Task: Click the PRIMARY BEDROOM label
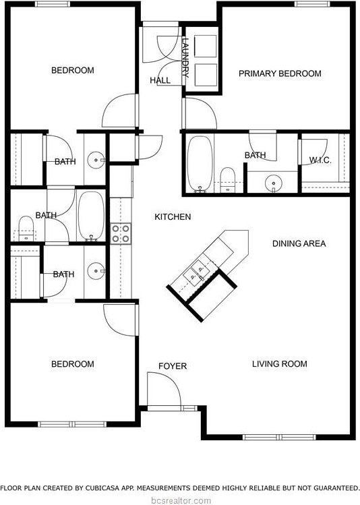click(x=280, y=73)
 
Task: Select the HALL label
click(x=160, y=80)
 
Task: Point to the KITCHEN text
click(x=173, y=217)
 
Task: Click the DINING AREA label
click(x=299, y=243)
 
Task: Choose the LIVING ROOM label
click(x=279, y=364)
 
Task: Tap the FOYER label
click(x=172, y=366)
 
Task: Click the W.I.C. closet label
click(x=320, y=160)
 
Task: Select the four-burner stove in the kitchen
click(x=121, y=233)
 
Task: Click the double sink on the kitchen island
click(x=197, y=272)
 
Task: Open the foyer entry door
click(x=164, y=391)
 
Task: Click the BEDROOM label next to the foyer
click(x=73, y=364)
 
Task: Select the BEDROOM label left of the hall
click(x=73, y=70)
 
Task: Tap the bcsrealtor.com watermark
click(x=180, y=500)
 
